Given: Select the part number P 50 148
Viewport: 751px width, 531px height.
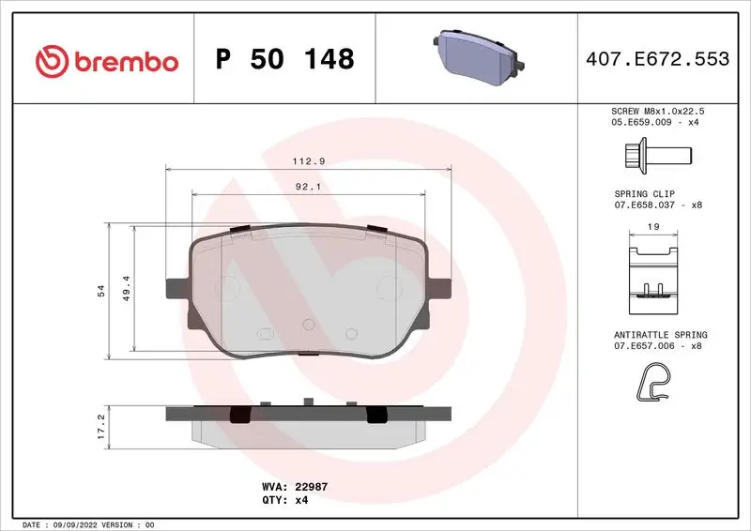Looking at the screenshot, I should (x=284, y=60).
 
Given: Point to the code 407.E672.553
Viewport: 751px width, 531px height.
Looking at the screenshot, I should (x=656, y=60).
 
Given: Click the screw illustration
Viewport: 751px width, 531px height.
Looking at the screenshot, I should (x=656, y=152).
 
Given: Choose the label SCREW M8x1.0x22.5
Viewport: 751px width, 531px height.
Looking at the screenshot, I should (x=656, y=111).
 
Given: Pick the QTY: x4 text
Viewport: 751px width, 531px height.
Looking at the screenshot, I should (x=287, y=500).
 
